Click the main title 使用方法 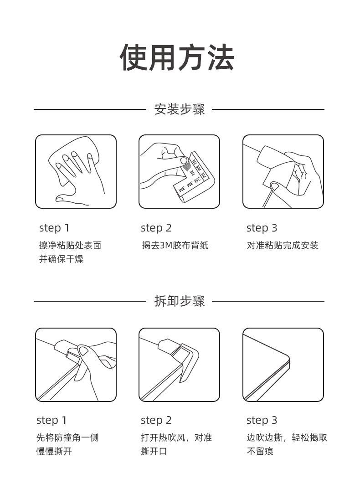(x=177, y=57)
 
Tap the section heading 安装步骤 (x=180, y=109)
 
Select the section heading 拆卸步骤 (x=180, y=301)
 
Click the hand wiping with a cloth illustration (x=76, y=172)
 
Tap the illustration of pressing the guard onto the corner (x=283, y=172)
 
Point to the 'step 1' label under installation (x=54, y=228)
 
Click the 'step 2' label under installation (x=156, y=228)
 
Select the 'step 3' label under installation (x=262, y=228)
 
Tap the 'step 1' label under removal (x=51, y=420)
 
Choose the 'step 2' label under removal (x=156, y=420)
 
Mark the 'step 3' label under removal (x=262, y=420)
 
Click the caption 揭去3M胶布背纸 (x=175, y=246)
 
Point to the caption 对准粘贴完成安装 (x=283, y=246)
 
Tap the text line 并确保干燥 (x=62, y=259)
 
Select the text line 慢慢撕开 (x=54, y=451)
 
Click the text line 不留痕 (x=260, y=451)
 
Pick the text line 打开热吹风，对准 (x=176, y=438)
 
